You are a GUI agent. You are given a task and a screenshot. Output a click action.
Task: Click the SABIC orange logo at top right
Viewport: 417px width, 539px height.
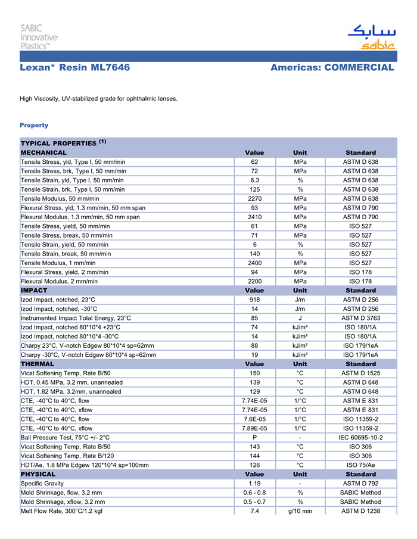(371, 38)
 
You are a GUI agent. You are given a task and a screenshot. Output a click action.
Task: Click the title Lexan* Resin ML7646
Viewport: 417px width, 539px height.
(74, 68)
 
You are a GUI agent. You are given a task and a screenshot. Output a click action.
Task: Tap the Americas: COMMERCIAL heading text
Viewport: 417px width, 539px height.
(332, 68)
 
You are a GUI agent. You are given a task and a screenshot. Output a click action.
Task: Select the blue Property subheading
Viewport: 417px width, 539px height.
(34, 125)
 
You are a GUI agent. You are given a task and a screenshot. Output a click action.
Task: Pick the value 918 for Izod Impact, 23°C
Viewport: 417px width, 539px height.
(254, 300)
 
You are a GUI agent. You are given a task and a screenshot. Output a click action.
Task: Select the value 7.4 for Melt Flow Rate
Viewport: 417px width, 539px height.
(254, 511)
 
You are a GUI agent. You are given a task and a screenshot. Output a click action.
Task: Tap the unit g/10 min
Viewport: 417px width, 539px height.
(300, 511)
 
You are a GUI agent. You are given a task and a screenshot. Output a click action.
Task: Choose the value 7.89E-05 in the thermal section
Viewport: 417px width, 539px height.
(254, 428)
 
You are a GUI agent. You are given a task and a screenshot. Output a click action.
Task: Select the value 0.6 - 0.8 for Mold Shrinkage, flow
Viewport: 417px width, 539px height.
(254, 493)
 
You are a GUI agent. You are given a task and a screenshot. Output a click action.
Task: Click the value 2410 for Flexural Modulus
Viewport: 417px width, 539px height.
(254, 217)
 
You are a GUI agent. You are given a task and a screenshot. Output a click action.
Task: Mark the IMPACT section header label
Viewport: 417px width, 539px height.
(34, 291)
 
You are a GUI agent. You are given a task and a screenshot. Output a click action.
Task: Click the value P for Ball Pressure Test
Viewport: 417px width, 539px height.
(254, 437)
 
